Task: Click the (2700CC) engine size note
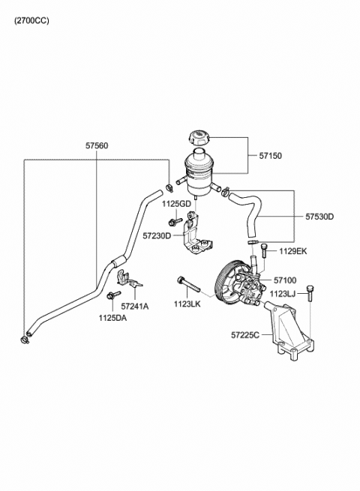pos(31,21)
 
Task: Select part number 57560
pos(97,145)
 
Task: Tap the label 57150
pos(271,156)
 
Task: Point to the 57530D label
pos(319,217)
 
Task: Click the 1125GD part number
pos(176,204)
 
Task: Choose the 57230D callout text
pos(157,235)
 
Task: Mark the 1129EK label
pos(293,251)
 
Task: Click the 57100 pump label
pos(285,280)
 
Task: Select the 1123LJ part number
pos(283,294)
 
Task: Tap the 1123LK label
pos(187,304)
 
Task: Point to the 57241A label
pos(135,307)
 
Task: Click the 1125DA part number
pos(112,318)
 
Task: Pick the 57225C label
pos(245,335)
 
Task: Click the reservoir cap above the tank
pos(199,139)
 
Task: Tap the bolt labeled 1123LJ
pos(310,293)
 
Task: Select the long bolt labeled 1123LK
pos(188,284)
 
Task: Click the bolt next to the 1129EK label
pos(264,250)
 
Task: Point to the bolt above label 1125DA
pos(114,295)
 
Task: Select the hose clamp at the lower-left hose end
pos(25,340)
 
